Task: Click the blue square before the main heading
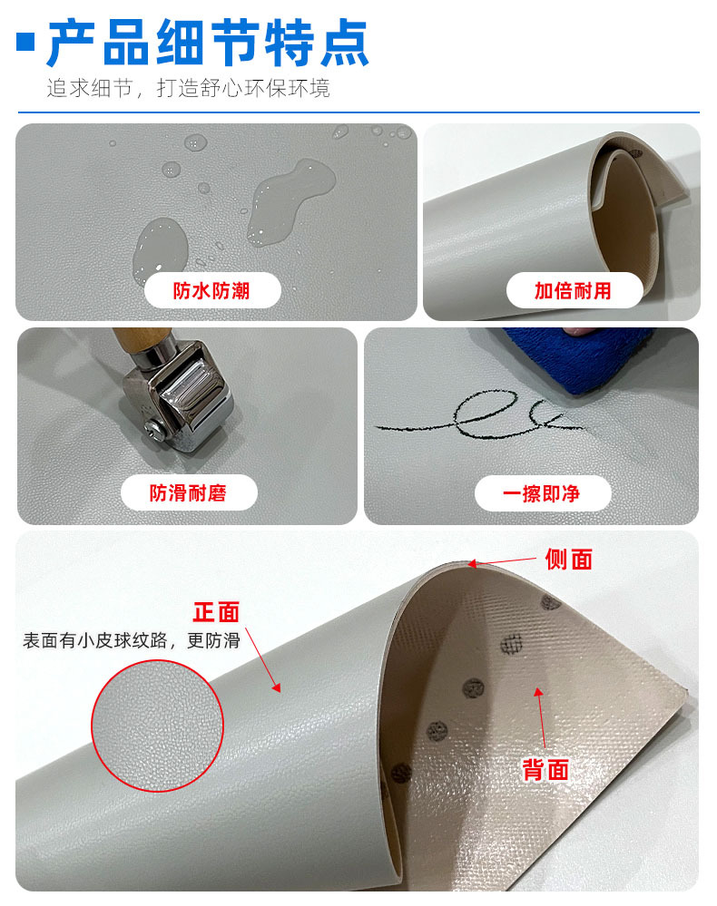(x=26, y=41)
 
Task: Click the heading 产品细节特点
(x=208, y=43)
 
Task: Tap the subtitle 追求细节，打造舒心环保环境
(x=188, y=89)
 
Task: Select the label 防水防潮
(x=211, y=290)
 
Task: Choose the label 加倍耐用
(x=573, y=290)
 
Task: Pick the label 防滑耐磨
(x=188, y=493)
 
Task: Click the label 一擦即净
(x=542, y=493)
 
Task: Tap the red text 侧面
(x=568, y=560)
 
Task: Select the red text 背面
(x=545, y=770)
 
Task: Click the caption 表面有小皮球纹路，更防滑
(x=132, y=641)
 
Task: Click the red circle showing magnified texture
(x=157, y=726)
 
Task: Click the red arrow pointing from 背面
(x=542, y=721)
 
